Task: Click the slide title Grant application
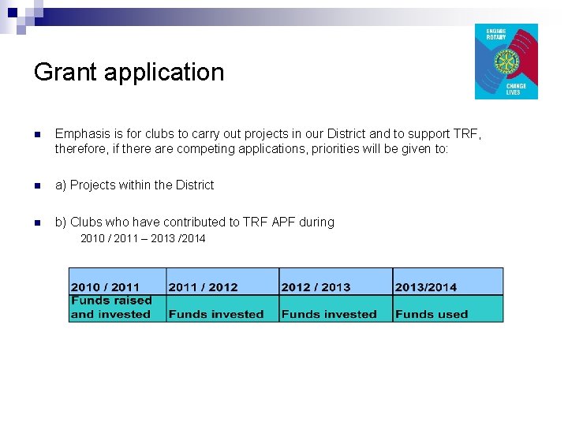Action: [129, 73]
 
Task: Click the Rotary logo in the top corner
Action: [506, 62]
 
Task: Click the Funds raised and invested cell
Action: [117, 308]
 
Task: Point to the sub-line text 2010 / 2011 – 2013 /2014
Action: [143, 238]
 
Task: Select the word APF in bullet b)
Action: [283, 222]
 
